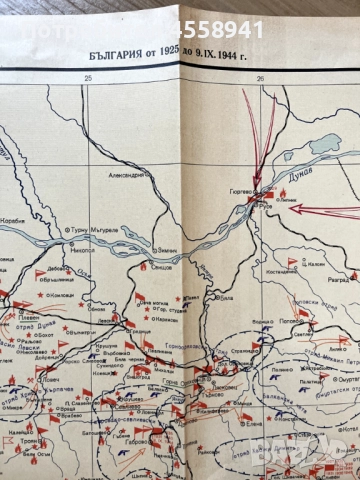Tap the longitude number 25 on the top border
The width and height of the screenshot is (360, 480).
point(88,79)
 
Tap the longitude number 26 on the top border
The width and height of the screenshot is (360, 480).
point(261,79)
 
